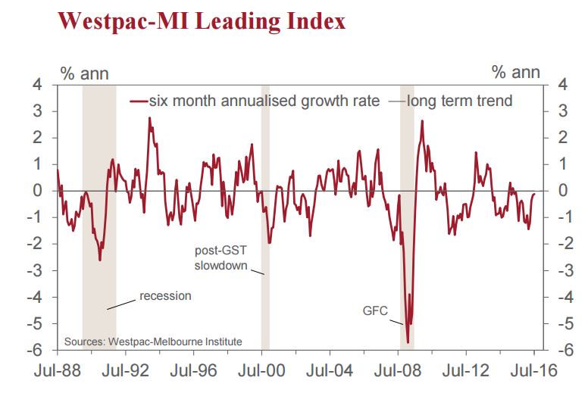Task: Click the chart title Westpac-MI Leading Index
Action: point(202,21)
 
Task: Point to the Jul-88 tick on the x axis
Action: point(58,371)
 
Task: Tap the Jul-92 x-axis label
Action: point(125,371)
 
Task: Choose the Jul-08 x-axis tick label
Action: point(399,371)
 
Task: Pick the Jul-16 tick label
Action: point(534,371)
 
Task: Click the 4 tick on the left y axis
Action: point(46,85)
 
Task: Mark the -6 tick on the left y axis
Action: point(43,351)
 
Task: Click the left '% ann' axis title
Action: point(84,73)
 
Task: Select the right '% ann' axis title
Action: point(516,73)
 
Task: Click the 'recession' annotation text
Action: point(165,295)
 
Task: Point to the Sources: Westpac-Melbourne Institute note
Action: point(153,342)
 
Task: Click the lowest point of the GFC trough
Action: point(408,342)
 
